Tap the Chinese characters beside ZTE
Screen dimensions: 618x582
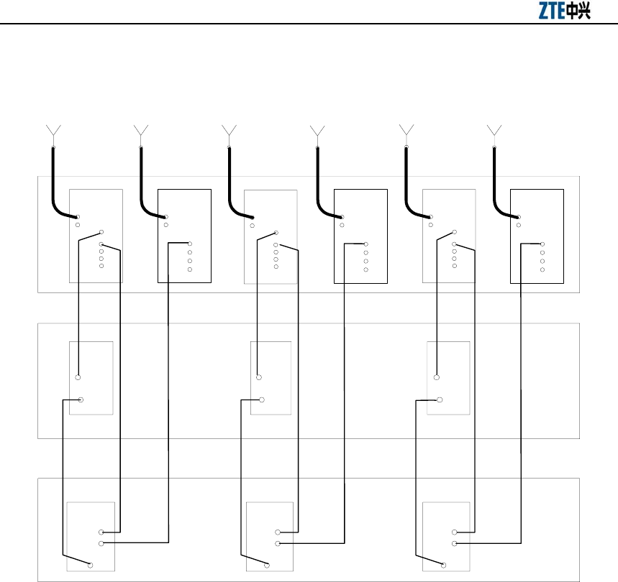[579, 12]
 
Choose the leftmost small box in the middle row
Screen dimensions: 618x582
[91, 378]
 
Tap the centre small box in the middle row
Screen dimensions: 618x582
[271, 378]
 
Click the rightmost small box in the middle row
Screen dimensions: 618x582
[448, 378]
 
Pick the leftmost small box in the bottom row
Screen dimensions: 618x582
[91, 535]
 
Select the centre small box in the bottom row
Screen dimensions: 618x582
[270, 535]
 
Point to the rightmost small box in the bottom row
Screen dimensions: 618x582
[447, 535]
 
